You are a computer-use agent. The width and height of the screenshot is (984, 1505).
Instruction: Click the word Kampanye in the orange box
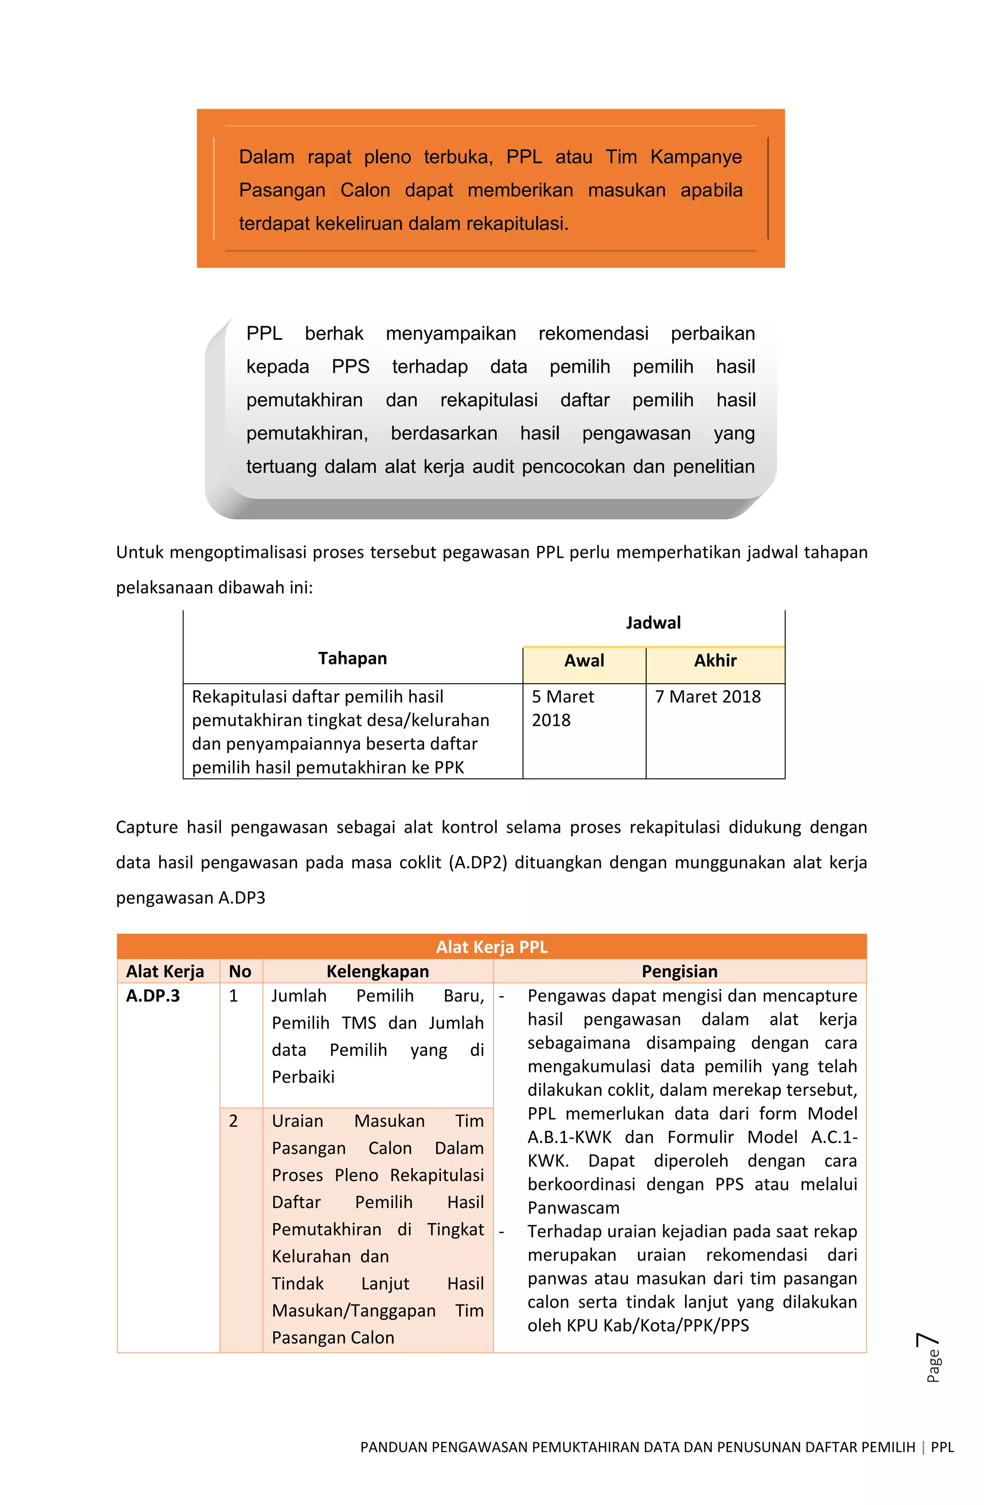tap(696, 157)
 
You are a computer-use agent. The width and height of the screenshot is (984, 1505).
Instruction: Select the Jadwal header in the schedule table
tap(652, 623)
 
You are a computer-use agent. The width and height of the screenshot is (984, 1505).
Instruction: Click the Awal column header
tap(584, 661)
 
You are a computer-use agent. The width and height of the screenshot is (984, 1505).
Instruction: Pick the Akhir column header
tap(714, 661)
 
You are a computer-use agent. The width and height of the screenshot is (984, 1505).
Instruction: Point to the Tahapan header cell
tap(352, 658)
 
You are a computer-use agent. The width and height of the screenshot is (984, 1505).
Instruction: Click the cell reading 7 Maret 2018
tap(707, 697)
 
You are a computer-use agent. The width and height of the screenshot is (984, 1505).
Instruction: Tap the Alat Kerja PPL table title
tap(492, 947)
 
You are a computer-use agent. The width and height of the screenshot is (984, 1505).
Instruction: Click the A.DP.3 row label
tap(153, 996)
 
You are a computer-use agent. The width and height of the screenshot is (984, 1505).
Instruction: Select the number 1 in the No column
tap(234, 996)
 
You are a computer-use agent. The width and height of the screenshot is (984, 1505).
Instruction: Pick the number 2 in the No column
tap(234, 1121)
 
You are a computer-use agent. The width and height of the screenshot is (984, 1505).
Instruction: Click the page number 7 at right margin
tap(928, 1341)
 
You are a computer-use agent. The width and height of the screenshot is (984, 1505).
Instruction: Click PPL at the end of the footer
tap(942, 1447)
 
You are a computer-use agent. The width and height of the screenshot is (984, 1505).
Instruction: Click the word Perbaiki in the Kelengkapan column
tap(303, 1077)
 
